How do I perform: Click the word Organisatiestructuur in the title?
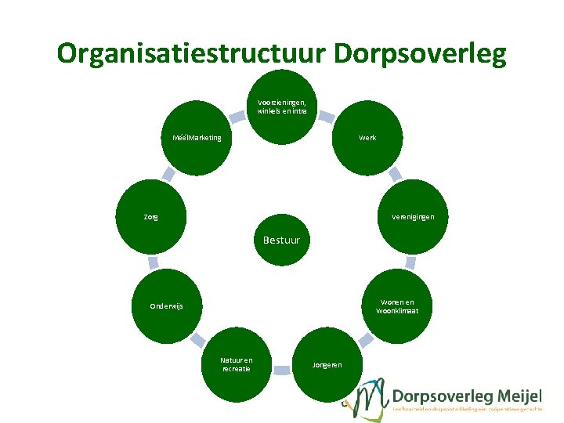click(191, 53)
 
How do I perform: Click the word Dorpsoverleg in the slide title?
click(420, 53)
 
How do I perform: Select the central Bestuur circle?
click(281, 238)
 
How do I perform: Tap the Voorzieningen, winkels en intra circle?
click(281, 107)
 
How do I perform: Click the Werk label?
click(367, 138)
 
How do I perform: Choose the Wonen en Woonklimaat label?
click(397, 306)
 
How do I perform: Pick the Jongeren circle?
click(326, 365)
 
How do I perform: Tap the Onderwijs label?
click(166, 306)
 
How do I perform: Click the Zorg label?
click(150, 217)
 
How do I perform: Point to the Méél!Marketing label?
click(197, 138)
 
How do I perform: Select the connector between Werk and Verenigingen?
click(395, 173)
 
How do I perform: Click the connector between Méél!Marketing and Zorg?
click(168, 174)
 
